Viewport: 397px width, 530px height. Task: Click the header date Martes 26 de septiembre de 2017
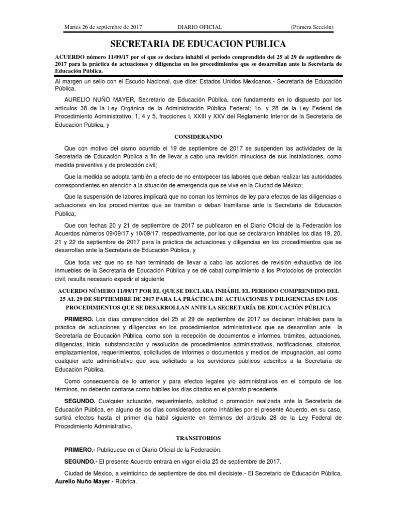pos(103,27)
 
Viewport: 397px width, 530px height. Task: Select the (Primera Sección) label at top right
pos(312,27)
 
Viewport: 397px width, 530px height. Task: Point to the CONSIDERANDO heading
pos(198,137)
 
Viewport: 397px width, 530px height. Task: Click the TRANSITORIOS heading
pos(198,437)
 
